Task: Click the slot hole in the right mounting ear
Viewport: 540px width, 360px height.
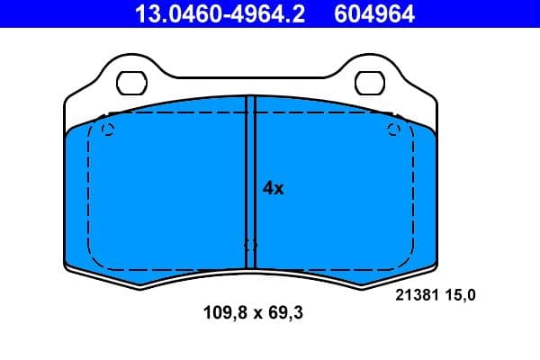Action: point(369,83)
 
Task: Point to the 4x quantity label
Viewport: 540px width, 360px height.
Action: point(273,188)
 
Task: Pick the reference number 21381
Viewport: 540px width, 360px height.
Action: point(415,293)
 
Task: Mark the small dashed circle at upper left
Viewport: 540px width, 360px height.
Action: point(108,130)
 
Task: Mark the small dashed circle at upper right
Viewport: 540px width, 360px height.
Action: point(393,130)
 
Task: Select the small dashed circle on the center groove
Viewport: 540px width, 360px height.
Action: point(251,245)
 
